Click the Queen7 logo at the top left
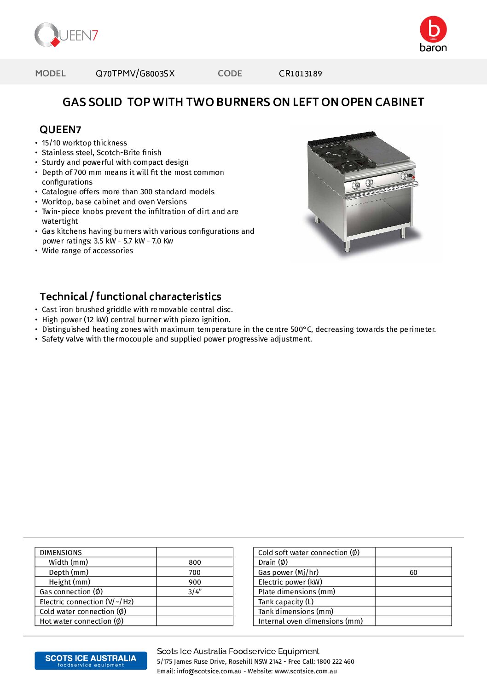coord(66,35)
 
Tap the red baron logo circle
coord(433,29)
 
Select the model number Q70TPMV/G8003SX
coord(135,74)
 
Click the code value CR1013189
coord(300,74)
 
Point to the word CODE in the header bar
coord(230,74)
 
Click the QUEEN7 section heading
coord(60,130)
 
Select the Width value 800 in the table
coord(195,562)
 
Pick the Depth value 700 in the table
coord(195,573)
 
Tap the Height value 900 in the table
coord(195,582)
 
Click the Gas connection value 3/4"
coord(195,592)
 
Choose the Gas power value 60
coord(413,573)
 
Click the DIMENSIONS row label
coord(61,553)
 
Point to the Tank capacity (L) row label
coord(286,602)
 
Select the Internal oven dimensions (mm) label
coord(310,621)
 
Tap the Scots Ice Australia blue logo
coord(91,660)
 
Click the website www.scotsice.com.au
coord(306,672)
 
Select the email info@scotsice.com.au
coord(209,672)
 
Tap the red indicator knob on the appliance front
coord(413,177)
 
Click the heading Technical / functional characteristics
coord(130,296)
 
